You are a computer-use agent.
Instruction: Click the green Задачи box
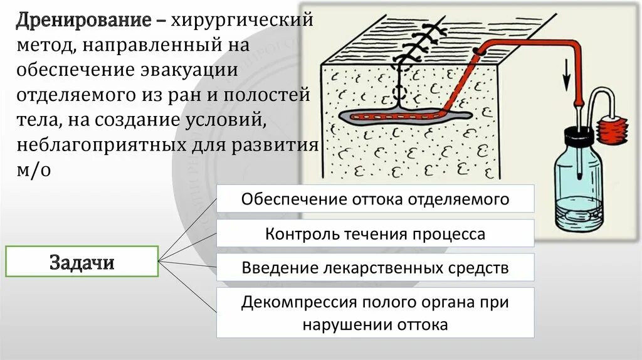82,262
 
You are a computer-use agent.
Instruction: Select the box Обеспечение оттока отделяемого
375,199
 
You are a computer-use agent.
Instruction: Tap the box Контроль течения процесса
375,234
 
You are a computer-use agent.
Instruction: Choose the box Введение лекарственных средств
375,268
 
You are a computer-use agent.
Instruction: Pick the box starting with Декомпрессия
375,313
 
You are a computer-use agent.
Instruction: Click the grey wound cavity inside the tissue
401,117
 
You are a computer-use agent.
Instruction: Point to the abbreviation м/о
33,171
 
